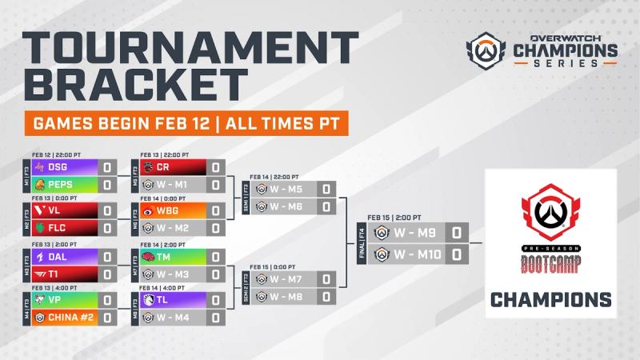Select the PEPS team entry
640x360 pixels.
(x=61, y=185)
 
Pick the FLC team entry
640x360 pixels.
(x=58, y=230)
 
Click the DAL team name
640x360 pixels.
(x=58, y=258)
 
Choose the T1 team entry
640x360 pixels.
(x=54, y=274)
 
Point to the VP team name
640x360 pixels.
(x=55, y=302)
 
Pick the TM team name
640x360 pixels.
(x=163, y=258)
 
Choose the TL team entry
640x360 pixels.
(x=162, y=302)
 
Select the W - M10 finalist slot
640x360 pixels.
(x=416, y=254)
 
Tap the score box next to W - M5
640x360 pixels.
(x=326, y=190)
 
